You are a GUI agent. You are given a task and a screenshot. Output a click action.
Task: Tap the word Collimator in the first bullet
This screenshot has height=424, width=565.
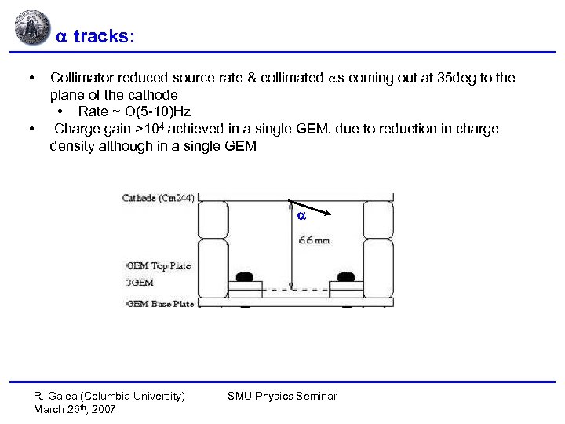tap(82, 78)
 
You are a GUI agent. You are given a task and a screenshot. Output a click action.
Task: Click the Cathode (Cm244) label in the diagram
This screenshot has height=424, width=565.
tap(158, 198)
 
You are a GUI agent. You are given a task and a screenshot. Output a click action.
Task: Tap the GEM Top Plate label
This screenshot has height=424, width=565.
tap(159, 265)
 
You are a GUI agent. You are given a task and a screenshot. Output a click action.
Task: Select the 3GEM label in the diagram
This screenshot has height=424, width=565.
tap(139, 283)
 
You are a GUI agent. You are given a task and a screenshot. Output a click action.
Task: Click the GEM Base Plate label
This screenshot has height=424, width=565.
tap(160, 304)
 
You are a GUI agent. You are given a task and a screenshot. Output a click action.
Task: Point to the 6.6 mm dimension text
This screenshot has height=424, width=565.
tap(314, 239)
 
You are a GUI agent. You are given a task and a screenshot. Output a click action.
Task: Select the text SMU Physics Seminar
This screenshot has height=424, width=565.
tap(282, 396)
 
